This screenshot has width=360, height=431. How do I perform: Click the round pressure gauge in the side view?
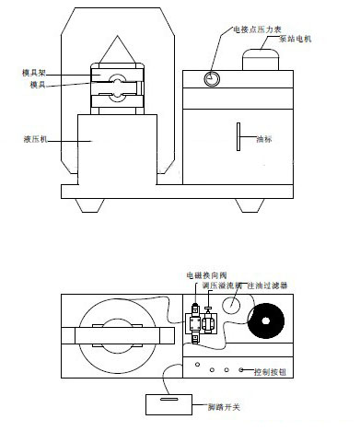pos(213,78)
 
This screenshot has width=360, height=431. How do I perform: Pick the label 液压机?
pos(36,139)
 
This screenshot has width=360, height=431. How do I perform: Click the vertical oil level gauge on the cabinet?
pos(237,136)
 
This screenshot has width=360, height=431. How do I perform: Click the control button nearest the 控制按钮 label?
pos(243,370)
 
